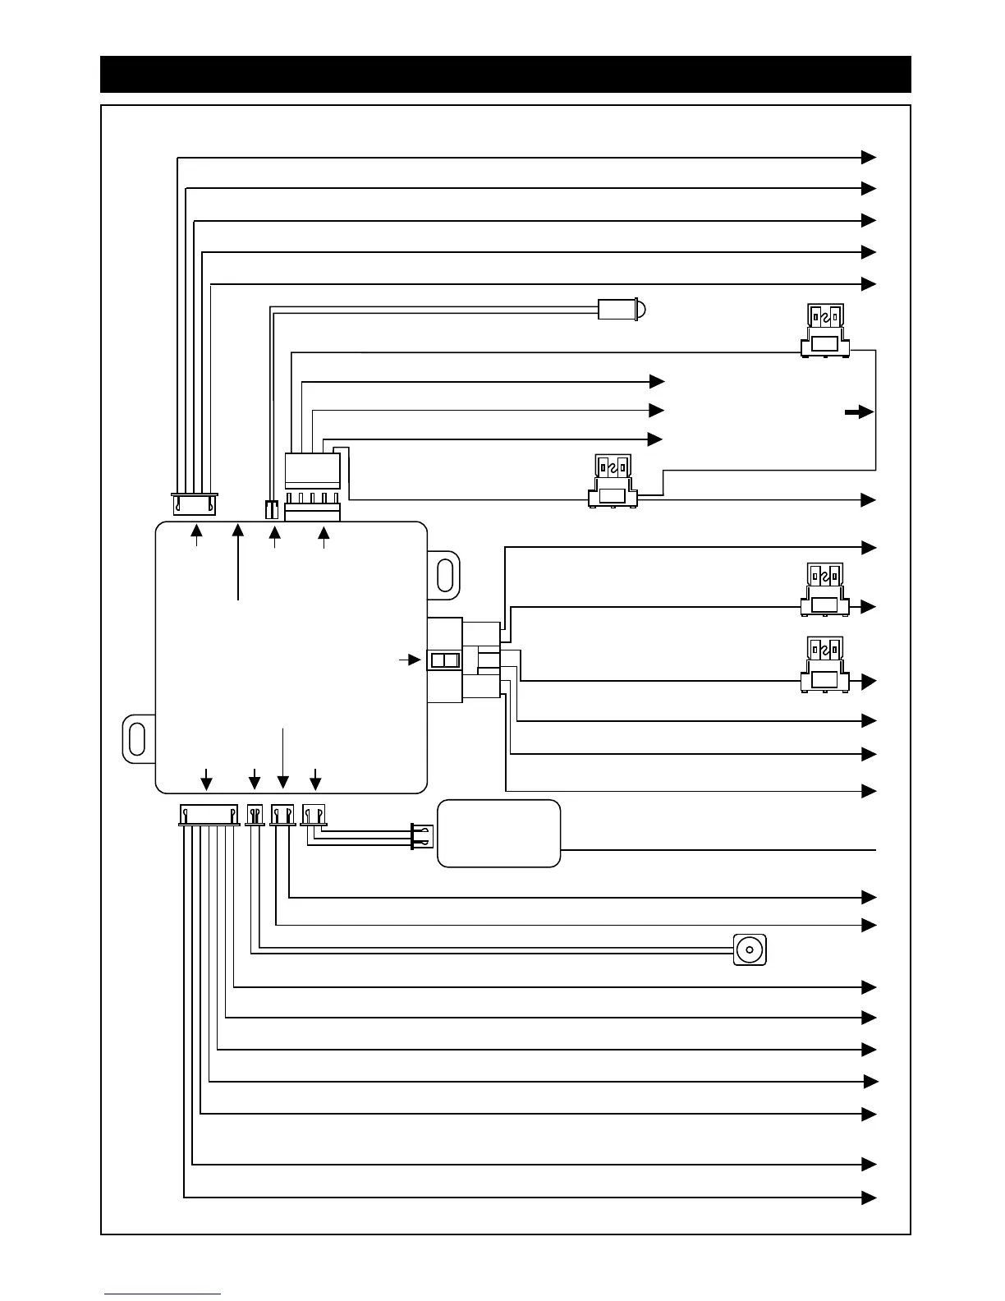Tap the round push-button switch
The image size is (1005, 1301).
(x=749, y=949)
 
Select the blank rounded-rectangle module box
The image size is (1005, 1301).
(x=498, y=833)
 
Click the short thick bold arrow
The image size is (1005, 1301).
(x=859, y=412)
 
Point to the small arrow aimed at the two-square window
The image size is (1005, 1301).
(x=410, y=660)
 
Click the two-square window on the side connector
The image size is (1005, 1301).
(x=444, y=660)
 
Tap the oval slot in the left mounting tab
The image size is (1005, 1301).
(x=137, y=738)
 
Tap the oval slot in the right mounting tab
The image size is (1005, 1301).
(x=446, y=575)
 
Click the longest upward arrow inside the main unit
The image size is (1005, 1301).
(x=238, y=563)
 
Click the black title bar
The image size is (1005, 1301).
(x=505, y=74)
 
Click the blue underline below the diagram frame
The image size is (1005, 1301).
(x=163, y=1294)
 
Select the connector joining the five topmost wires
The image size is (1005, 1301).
(x=194, y=503)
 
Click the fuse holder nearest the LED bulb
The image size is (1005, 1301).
(x=825, y=331)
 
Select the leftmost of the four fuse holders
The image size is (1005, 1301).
(x=613, y=481)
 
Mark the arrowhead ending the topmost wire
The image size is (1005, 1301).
(x=869, y=157)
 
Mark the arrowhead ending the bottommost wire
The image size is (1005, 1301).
(x=869, y=1198)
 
